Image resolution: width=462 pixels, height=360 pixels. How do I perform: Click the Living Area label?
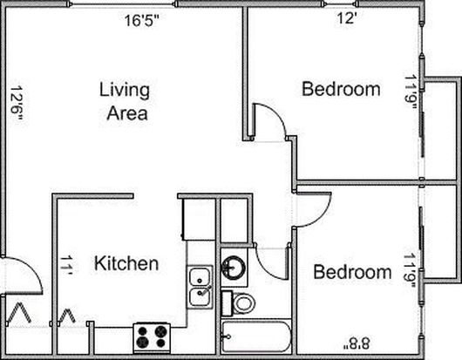point(125,101)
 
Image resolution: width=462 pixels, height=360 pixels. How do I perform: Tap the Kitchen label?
point(126,263)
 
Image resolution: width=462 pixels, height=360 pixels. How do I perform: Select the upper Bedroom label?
point(341,89)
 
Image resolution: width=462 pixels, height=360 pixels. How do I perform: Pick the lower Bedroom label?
point(352,272)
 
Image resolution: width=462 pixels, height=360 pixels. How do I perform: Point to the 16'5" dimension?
point(141,20)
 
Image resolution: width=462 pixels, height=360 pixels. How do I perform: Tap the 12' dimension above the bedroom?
point(347,18)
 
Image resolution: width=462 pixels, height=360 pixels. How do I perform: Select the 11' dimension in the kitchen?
point(66,265)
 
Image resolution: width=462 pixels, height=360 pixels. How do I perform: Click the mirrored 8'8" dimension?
point(357,343)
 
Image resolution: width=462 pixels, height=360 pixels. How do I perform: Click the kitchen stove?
point(152,337)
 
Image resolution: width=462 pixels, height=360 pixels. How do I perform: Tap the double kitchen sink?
point(200,287)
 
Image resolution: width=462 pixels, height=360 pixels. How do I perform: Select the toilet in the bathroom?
point(238,302)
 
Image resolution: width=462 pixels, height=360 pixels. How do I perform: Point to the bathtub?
point(256,336)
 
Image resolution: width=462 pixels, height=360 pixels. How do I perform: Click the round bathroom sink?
point(234,268)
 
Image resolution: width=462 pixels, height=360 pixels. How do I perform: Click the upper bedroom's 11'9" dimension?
point(411,92)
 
